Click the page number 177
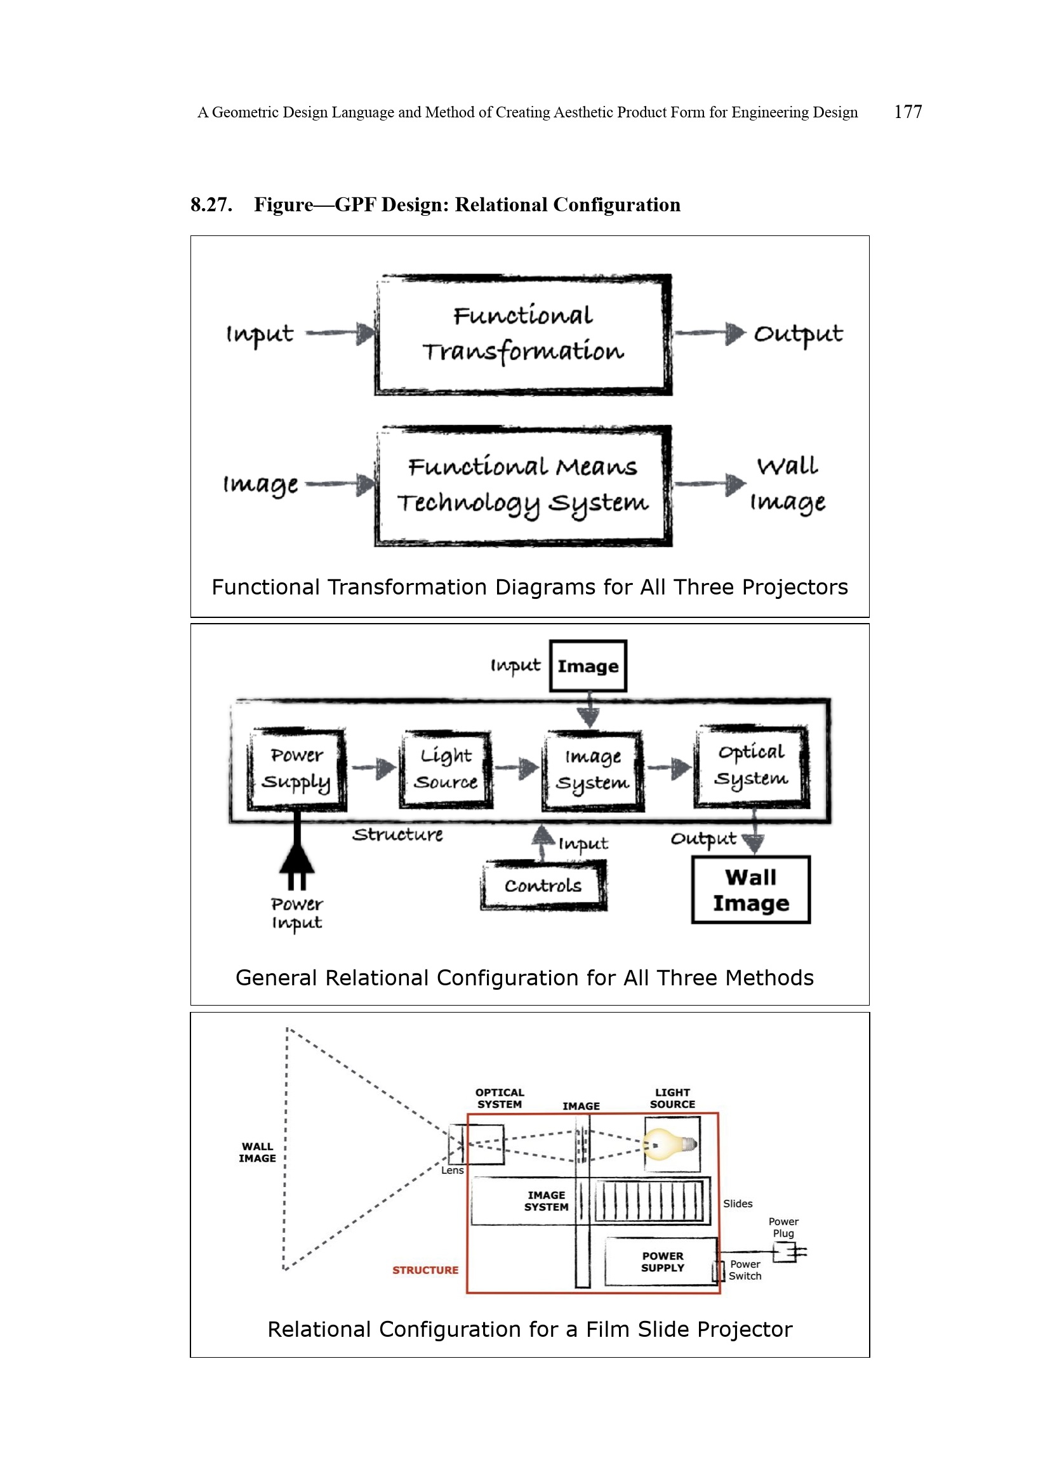point(907,112)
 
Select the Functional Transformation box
point(522,334)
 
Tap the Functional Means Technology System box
point(522,485)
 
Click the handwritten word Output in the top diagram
point(798,334)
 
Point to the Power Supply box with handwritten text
point(296,768)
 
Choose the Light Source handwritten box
point(446,768)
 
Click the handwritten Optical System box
point(750,766)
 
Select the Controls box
point(543,886)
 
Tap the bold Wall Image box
point(750,890)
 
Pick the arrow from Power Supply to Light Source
point(374,768)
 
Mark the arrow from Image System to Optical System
point(669,768)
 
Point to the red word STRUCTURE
point(425,1270)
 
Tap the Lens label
point(452,1170)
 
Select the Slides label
point(738,1204)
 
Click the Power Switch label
point(745,1270)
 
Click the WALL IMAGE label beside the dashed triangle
point(256,1152)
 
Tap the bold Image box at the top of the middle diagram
point(588,666)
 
